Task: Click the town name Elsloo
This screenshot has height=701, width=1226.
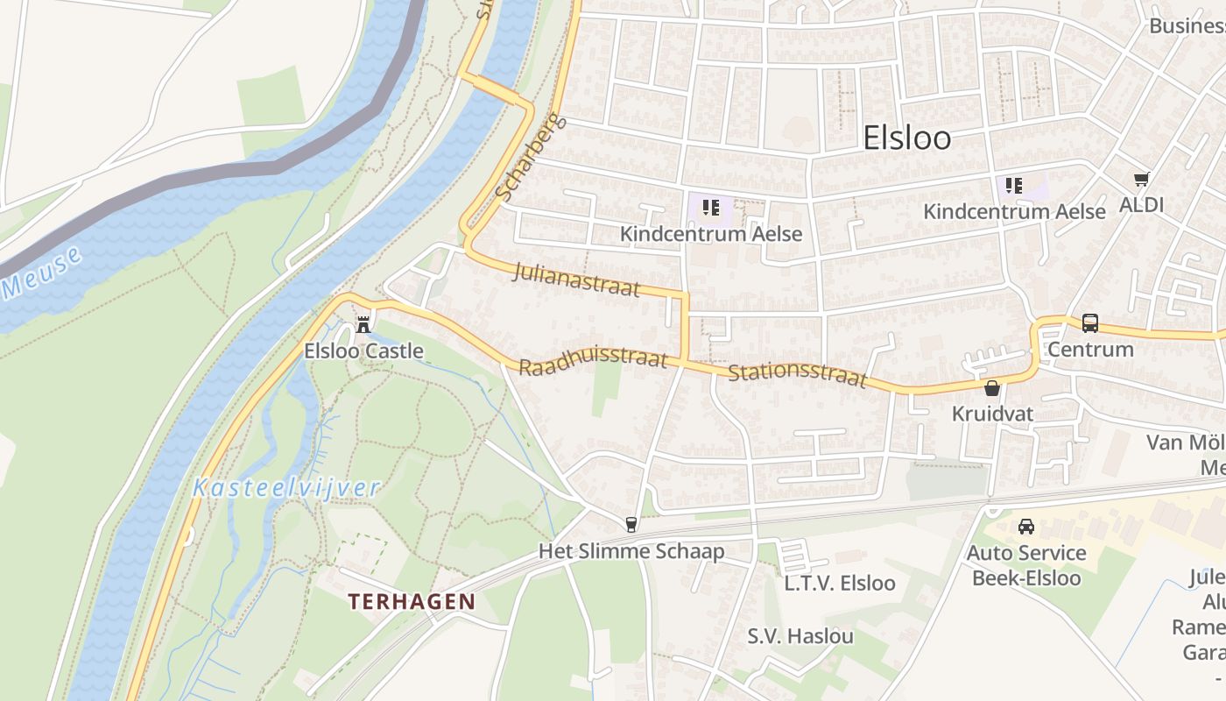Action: [x=906, y=138]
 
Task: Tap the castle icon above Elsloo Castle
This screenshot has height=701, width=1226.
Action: [x=363, y=324]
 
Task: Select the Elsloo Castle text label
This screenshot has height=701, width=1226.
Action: [x=363, y=351]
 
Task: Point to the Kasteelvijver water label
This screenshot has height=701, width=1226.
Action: [x=286, y=488]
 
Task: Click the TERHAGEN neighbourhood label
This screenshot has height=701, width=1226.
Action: [x=412, y=602]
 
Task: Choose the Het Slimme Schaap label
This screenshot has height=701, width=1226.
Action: [x=631, y=551]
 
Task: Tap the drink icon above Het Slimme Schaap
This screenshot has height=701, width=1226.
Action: [x=631, y=524]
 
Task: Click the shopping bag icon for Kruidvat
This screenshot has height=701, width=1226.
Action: [x=992, y=387]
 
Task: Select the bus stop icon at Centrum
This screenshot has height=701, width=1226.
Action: [x=1089, y=322]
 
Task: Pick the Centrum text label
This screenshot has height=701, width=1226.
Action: [x=1090, y=349]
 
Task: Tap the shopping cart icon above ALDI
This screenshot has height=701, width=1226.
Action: [x=1141, y=179]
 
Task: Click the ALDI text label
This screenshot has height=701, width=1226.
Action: [x=1142, y=205]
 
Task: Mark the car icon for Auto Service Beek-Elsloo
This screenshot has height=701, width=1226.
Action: [x=1025, y=526]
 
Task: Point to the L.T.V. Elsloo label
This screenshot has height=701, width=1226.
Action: [x=840, y=583]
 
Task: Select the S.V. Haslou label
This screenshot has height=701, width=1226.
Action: [x=800, y=635]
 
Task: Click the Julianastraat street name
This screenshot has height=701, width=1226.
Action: [x=577, y=279]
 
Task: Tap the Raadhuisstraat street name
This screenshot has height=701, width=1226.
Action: [x=593, y=363]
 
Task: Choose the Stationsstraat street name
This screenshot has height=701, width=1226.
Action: [x=797, y=377]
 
